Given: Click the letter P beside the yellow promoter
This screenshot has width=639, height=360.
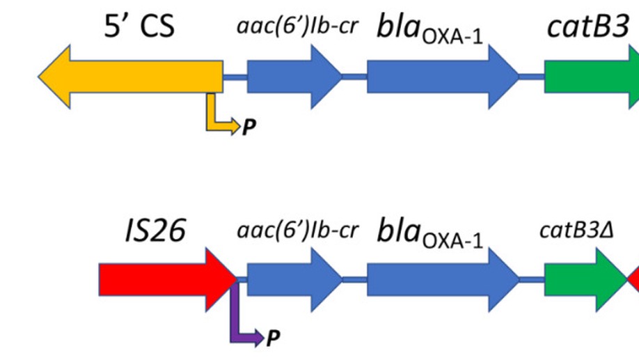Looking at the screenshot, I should [248, 127].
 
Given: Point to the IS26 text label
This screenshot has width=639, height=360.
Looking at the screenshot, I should [155, 230].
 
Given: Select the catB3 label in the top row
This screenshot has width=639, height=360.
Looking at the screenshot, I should [589, 28].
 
